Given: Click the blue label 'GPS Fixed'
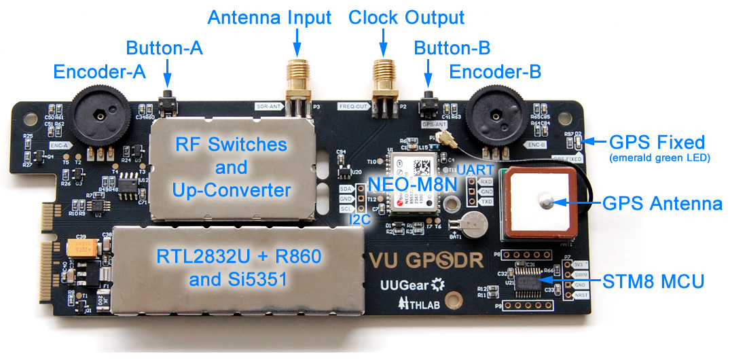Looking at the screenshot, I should pos(657,143).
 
